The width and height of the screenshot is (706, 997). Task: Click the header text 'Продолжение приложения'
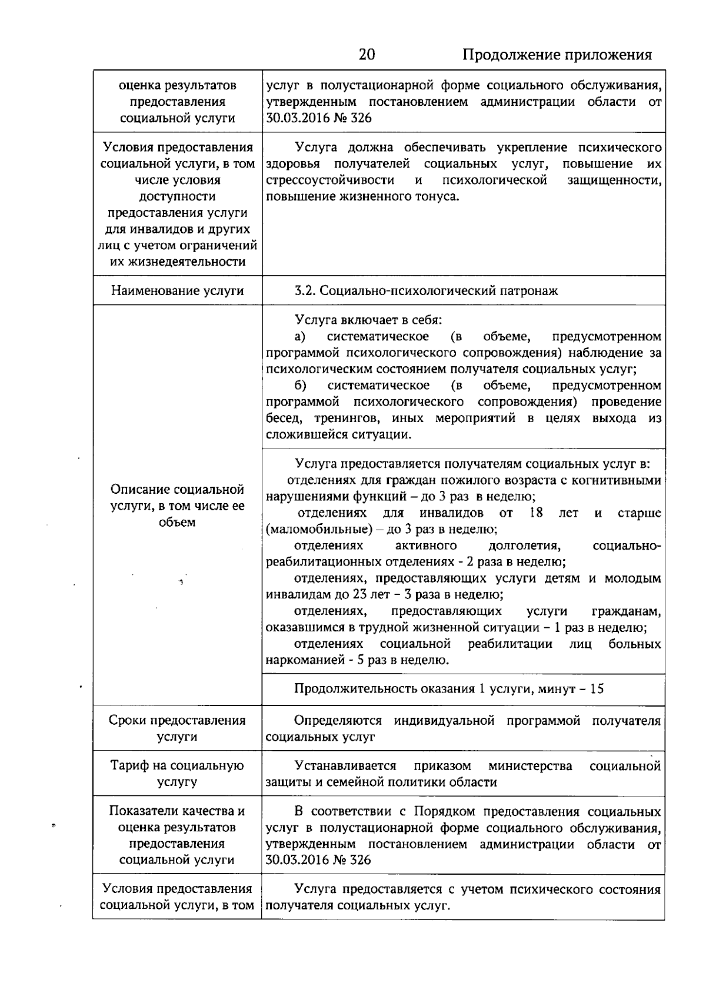point(557,55)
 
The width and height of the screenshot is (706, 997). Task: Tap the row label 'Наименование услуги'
point(177,290)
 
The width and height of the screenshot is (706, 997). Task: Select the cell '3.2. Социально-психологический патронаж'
point(426,290)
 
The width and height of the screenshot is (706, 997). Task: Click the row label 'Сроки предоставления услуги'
point(177,728)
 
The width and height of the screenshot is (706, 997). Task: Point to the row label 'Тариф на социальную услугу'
point(177,774)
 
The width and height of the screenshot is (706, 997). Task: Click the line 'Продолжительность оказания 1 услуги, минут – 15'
point(449,688)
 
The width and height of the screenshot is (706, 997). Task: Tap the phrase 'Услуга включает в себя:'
point(368,320)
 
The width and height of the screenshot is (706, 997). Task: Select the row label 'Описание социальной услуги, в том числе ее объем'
point(177,506)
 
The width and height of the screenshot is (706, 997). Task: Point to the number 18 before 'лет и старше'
point(535,513)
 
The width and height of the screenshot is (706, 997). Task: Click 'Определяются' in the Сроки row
point(338,721)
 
